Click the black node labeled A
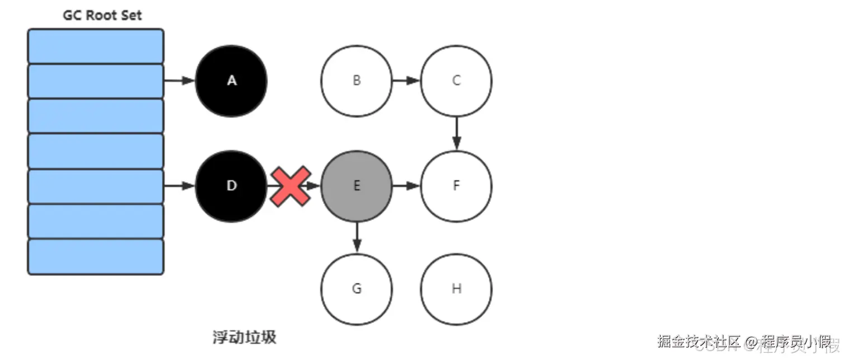[x=231, y=81]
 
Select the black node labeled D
[x=231, y=186]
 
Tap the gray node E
[x=357, y=186]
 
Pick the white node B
[x=357, y=81]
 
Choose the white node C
[x=456, y=81]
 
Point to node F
[x=456, y=186]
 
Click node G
[x=357, y=289]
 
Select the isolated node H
[x=456, y=289]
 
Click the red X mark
[x=290, y=186]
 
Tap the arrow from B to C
[x=406, y=81]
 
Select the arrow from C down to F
[x=456, y=133]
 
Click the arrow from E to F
[x=406, y=186]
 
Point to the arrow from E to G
[x=357, y=237]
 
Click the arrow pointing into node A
[x=179, y=81]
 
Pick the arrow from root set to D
[x=179, y=186]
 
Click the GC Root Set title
[x=102, y=15]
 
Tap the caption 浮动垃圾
[x=244, y=338]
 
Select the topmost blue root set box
[x=96, y=46]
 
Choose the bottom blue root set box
[x=96, y=257]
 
